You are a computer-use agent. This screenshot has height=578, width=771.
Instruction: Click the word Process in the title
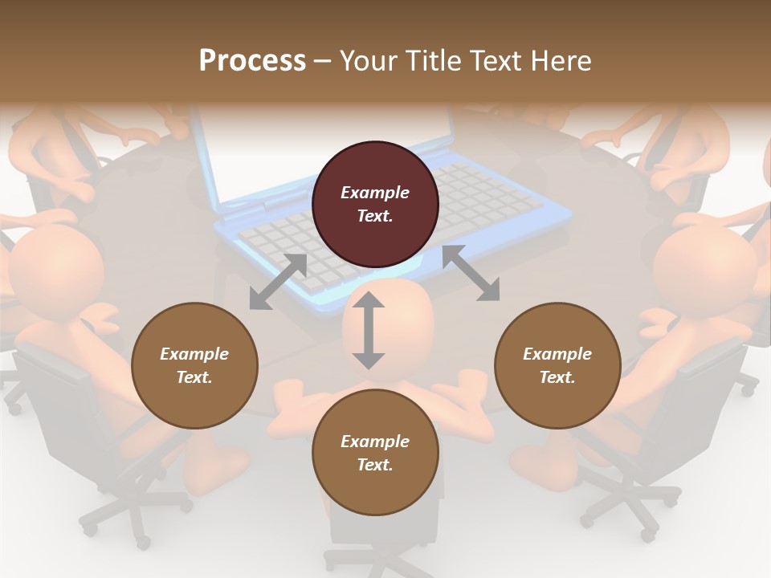coord(252,61)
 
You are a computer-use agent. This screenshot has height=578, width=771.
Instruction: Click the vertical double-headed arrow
coord(369,331)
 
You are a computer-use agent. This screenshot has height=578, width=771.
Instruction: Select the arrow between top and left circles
coord(278,282)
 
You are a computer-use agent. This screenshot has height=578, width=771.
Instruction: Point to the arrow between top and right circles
coord(471,274)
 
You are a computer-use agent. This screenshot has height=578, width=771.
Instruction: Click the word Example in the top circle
coord(375,193)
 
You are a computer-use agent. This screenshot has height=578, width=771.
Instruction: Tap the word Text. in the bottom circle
coord(375,465)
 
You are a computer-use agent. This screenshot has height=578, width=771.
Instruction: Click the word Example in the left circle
coord(194,354)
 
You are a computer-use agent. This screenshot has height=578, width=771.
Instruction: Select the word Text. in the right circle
coord(557,377)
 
